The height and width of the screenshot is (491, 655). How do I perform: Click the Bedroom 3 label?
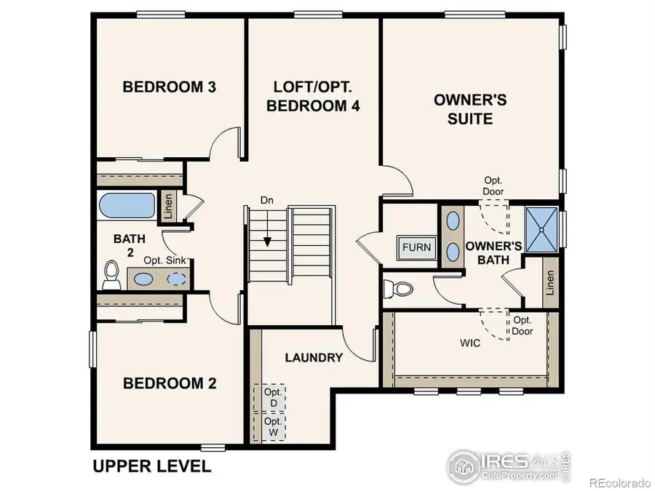point(169,87)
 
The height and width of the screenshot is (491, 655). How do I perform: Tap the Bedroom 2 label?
point(169,383)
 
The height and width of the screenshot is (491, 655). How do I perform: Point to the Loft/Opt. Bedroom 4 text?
point(313,96)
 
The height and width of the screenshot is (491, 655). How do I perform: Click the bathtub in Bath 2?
point(127,205)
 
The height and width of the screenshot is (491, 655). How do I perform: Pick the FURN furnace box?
point(417,247)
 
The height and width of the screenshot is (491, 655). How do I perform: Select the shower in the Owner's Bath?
point(542,230)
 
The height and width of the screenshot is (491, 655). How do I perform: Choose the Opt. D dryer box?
point(273,398)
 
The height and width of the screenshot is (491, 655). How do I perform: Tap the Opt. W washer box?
point(273,426)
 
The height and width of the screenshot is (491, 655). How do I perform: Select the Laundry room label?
point(314,357)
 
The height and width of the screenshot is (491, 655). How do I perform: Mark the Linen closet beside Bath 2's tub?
point(168,205)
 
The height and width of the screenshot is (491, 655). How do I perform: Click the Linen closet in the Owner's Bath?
point(550,287)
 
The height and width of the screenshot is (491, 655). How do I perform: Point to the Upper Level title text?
point(151,466)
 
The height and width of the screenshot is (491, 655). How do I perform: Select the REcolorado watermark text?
point(619,482)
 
